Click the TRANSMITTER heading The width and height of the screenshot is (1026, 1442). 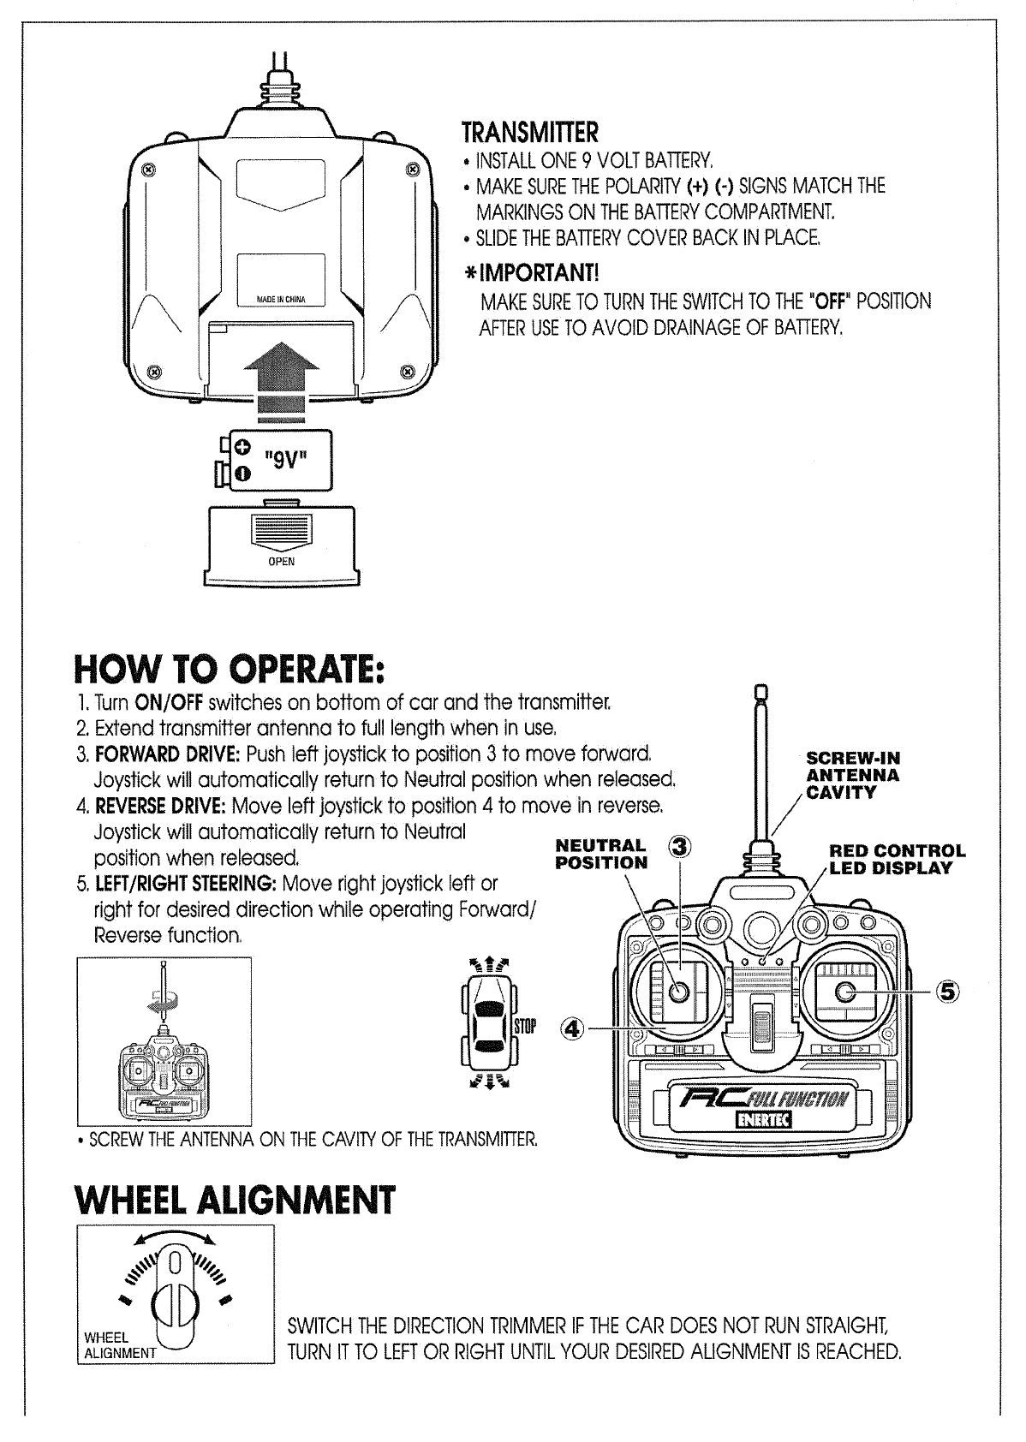click(x=529, y=134)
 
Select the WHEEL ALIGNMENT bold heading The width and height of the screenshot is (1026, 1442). click(x=236, y=1201)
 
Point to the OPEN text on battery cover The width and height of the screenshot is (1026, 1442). click(x=282, y=562)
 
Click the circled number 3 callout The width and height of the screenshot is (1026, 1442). click(x=679, y=847)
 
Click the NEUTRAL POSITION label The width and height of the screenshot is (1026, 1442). click(x=601, y=855)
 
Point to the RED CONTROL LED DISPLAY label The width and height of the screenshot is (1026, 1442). click(x=897, y=859)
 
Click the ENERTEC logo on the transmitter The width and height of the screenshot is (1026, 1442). click(x=764, y=1120)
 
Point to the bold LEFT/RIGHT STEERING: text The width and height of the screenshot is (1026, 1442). click(x=183, y=883)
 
